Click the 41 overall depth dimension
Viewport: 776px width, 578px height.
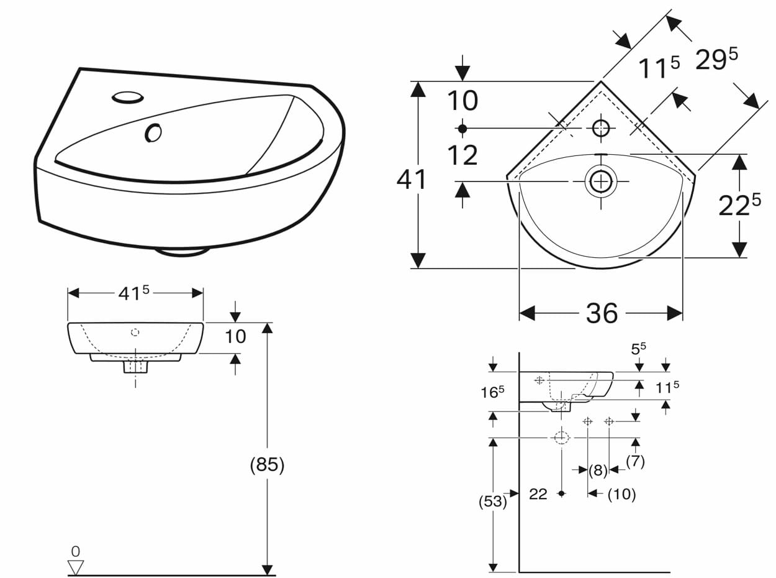pyautogui.click(x=411, y=180)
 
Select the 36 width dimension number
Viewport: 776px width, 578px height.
pyautogui.click(x=602, y=313)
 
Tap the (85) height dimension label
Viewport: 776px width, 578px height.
pyautogui.click(x=267, y=465)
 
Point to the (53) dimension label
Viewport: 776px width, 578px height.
pyautogui.click(x=493, y=502)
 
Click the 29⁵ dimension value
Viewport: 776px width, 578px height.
pyautogui.click(x=716, y=59)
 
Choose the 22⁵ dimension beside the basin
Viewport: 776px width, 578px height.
pyautogui.click(x=739, y=205)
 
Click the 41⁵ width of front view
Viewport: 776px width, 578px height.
pyautogui.click(x=133, y=293)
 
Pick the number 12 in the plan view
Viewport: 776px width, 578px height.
pyautogui.click(x=462, y=155)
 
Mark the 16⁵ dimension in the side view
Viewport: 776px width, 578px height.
pyautogui.click(x=492, y=392)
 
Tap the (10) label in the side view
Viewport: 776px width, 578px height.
pyautogui.click(x=621, y=494)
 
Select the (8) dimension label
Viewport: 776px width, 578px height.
pyautogui.click(x=598, y=470)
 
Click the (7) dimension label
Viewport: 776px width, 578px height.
pyautogui.click(x=635, y=461)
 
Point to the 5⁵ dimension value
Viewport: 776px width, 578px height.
pyautogui.click(x=639, y=349)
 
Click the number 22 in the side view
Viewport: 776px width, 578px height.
pyautogui.click(x=538, y=494)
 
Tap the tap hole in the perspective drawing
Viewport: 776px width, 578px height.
pyautogui.click(x=128, y=98)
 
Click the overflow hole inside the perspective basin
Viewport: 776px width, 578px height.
pyautogui.click(x=153, y=133)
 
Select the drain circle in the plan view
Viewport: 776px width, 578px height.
pyautogui.click(x=601, y=181)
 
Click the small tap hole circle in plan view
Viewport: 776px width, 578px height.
pyautogui.click(x=601, y=129)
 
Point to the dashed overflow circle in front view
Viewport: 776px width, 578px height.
pyautogui.click(x=135, y=332)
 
